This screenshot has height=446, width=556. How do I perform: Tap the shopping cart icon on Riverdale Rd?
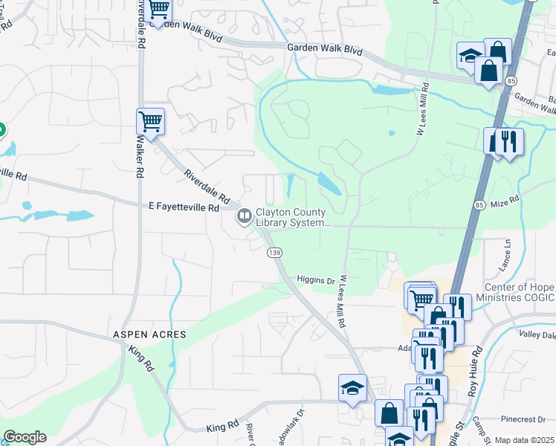150,120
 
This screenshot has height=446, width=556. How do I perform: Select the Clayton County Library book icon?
243,216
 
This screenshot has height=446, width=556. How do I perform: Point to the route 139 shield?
274,253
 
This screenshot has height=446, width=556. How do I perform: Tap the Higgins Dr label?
316,280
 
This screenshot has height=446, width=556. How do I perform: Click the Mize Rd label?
505,201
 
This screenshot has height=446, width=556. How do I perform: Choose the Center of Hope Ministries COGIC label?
519,292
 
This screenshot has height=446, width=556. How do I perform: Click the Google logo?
25,437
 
